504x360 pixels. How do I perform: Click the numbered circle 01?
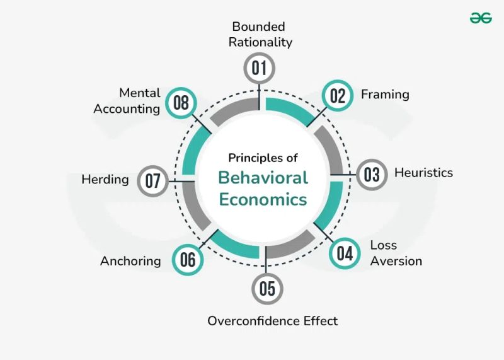260,68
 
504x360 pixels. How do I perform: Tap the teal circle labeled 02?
338,96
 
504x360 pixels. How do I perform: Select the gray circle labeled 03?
372,173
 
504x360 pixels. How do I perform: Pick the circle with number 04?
345,253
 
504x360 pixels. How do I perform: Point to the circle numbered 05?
267,289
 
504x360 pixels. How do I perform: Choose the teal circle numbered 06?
188,260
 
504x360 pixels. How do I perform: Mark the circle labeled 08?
181,103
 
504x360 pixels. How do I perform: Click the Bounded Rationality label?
261,35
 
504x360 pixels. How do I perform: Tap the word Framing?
385,95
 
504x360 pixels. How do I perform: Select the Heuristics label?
423,173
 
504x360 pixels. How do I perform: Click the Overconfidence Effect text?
273,321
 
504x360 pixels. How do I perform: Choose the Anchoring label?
130,260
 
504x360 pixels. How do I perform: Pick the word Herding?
105,180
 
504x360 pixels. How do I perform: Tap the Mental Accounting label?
127,101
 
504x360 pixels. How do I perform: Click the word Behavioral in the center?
263,177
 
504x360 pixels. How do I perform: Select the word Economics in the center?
263,199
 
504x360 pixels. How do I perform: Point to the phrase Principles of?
263,158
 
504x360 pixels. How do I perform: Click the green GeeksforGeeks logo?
481,18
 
